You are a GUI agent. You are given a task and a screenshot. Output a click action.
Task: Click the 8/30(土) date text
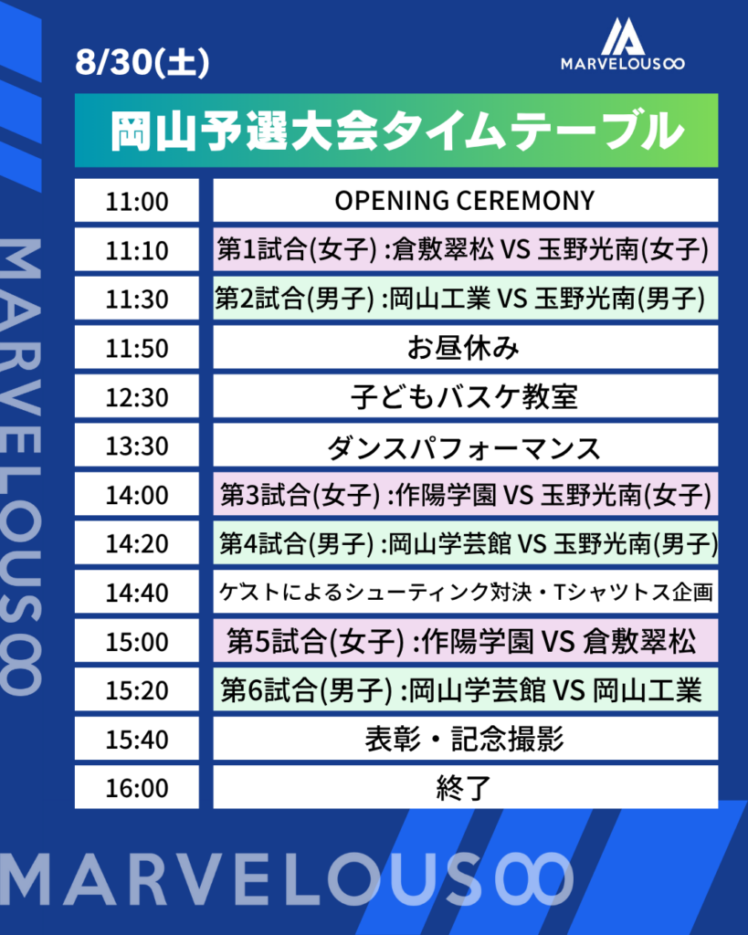coord(142,61)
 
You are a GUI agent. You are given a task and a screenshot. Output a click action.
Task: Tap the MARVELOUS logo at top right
coord(622,44)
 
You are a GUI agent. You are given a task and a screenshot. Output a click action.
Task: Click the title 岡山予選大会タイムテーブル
coord(396,131)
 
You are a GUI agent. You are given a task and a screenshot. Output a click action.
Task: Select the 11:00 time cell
coord(137,200)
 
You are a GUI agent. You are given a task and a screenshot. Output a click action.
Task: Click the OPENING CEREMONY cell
coord(465,200)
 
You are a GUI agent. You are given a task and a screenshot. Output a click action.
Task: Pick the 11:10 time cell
coord(137,249)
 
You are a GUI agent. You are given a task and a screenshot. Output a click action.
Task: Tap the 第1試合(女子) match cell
coord(465,249)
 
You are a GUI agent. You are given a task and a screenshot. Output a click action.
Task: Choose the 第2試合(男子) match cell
coord(465,299)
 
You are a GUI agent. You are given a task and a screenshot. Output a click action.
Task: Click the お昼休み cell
coord(465,347)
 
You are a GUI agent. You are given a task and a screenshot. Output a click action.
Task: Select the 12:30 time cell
coord(137,396)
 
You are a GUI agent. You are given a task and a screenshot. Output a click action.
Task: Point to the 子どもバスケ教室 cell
coord(465,396)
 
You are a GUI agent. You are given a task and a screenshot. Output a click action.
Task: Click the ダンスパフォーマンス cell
coord(465,445)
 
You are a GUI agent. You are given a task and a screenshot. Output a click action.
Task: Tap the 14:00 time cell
coord(137,494)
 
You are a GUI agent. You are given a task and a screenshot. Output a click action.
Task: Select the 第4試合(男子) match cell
coord(465,542)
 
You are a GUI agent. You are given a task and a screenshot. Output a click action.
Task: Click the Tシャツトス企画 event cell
coord(465,592)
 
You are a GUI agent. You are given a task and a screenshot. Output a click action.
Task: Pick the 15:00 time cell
coord(137,640)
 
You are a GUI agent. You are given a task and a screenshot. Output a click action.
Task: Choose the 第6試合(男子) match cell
coord(465,689)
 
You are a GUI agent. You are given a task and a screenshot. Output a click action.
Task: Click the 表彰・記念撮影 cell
coord(465,738)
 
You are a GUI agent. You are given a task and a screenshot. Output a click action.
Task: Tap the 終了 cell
coord(465,787)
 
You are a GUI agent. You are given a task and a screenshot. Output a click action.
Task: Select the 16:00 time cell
coord(137,787)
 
